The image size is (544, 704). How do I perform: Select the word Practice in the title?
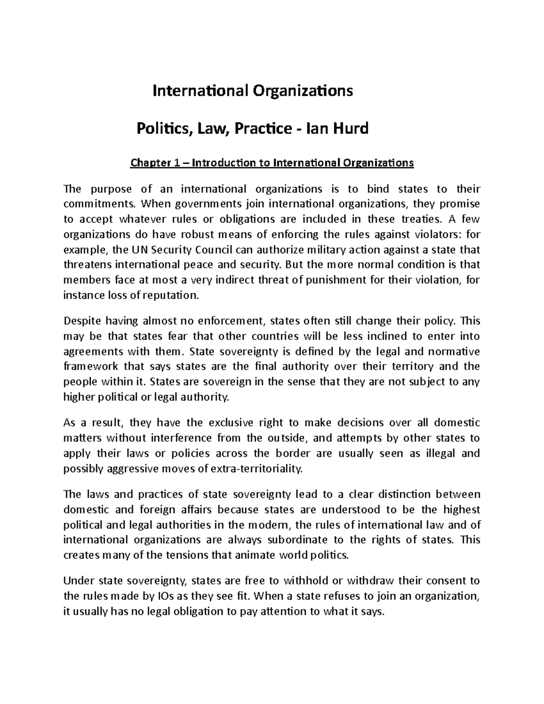(x=262, y=129)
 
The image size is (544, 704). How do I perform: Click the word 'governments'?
(x=194, y=204)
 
